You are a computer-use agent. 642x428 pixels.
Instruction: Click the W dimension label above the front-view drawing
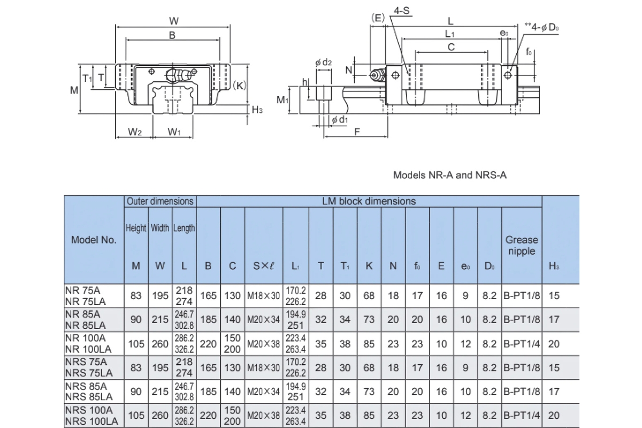[x=173, y=21]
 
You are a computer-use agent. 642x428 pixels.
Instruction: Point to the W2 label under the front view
[x=134, y=132]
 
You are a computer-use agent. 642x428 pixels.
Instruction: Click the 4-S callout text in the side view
[x=402, y=10]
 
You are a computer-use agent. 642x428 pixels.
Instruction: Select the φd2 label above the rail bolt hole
[x=324, y=63]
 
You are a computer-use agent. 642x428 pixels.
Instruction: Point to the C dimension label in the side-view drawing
[x=451, y=47]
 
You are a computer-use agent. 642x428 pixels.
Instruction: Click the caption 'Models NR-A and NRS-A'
[x=449, y=175]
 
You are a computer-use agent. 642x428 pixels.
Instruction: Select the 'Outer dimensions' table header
[x=159, y=202]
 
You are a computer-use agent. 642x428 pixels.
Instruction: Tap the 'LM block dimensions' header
[x=369, y=201]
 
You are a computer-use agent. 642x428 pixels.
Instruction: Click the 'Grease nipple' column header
[x=521, y=246]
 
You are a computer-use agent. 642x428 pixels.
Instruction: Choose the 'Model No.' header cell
[x=94, y=240]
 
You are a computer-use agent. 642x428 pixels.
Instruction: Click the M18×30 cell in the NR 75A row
[x=264, y=296]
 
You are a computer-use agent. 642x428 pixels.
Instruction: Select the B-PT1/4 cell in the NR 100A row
[x=521, y=344]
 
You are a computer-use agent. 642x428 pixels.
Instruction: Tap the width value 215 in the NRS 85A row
[x=160, y=392]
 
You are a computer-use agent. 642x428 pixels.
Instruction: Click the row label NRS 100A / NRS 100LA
[x=89, y=416]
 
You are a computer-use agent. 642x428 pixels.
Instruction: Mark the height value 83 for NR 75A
[x=136, y=296]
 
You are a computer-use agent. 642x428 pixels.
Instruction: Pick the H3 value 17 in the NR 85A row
[x=554, y=319]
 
